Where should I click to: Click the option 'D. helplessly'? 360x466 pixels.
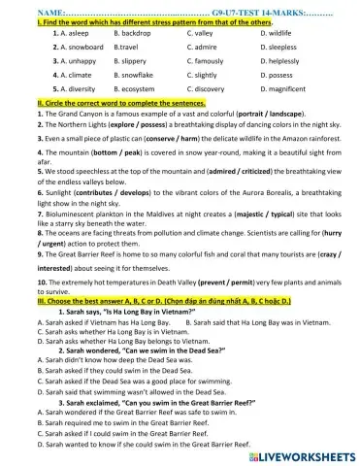coord(280,60)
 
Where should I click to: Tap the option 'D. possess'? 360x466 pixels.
coord(277,74)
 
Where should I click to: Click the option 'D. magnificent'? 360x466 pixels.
coord(284,88)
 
